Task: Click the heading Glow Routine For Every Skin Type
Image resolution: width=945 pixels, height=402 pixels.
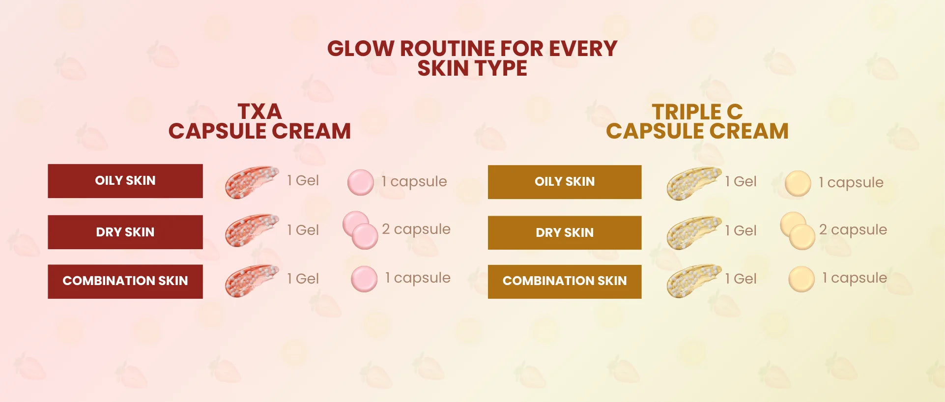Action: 472,58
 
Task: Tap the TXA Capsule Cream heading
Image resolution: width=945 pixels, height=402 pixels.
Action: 259,121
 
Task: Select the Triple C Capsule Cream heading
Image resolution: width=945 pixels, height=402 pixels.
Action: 697,121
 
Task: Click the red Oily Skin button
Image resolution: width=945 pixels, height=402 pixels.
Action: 125,181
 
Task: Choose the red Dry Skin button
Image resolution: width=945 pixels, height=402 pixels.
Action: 125,232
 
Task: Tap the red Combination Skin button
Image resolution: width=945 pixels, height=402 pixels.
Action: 125,281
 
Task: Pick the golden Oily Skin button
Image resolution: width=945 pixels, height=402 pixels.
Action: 565,182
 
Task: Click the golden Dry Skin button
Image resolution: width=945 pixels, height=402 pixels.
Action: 565,232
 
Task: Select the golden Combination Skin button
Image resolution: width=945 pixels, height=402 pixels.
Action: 565,282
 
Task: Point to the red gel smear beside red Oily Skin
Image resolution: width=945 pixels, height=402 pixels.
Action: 251,182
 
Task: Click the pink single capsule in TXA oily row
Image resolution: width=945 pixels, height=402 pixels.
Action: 361,182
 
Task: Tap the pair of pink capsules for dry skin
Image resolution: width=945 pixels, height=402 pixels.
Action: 360,230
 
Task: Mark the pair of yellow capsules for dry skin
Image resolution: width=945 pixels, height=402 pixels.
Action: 798,231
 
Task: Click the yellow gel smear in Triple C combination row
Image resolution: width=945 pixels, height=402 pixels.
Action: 693,281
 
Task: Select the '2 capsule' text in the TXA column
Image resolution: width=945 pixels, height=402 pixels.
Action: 416,230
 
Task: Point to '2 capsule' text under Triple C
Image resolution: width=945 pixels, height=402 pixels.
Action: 853,230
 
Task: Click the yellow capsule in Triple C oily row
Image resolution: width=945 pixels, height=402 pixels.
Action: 798,183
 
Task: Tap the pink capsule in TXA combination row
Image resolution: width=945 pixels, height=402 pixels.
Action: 364,279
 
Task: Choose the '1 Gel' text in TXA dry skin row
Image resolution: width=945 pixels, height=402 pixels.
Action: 303,230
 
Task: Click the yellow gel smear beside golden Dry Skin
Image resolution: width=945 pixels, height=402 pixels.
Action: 693,232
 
